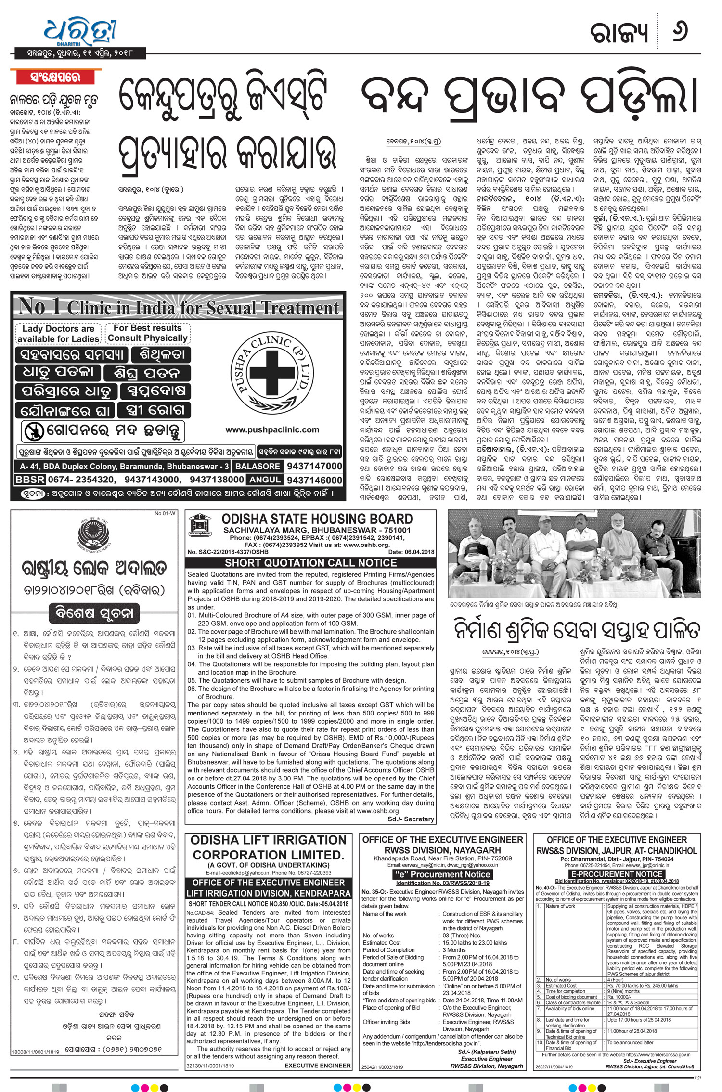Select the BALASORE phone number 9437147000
(314, 466)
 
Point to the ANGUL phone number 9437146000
(314, 480)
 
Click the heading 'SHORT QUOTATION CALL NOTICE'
(310, 563)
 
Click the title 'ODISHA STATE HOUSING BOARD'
(317, 519)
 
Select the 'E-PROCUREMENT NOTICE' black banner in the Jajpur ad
(617, 874)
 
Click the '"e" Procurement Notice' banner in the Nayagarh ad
(442, 874)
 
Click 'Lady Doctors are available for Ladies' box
(58, 334)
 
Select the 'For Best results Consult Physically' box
(147, 333)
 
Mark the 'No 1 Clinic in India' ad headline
(178, 307)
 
